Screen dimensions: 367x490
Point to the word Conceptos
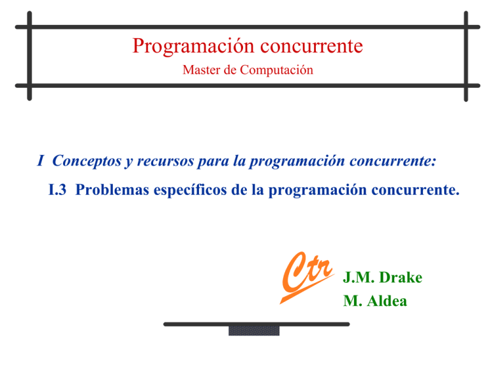87,161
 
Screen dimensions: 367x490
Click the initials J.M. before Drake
358,278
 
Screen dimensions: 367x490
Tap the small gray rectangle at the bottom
253,330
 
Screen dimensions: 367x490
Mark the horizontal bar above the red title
248,27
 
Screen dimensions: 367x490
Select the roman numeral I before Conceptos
40,161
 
